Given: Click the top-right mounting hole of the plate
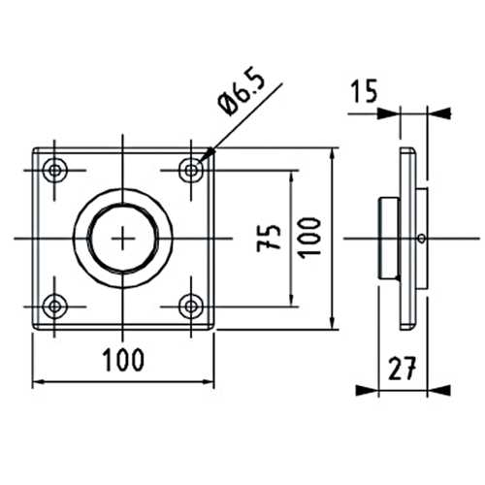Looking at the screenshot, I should pos(192,171).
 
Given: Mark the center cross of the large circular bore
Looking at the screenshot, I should pos(124,238).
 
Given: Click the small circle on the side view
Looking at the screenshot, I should pos(420,238).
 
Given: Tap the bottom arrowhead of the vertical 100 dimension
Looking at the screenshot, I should pos(333,321).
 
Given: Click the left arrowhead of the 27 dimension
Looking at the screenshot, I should pos(366,391).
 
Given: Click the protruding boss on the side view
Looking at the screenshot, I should pos(385,238).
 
